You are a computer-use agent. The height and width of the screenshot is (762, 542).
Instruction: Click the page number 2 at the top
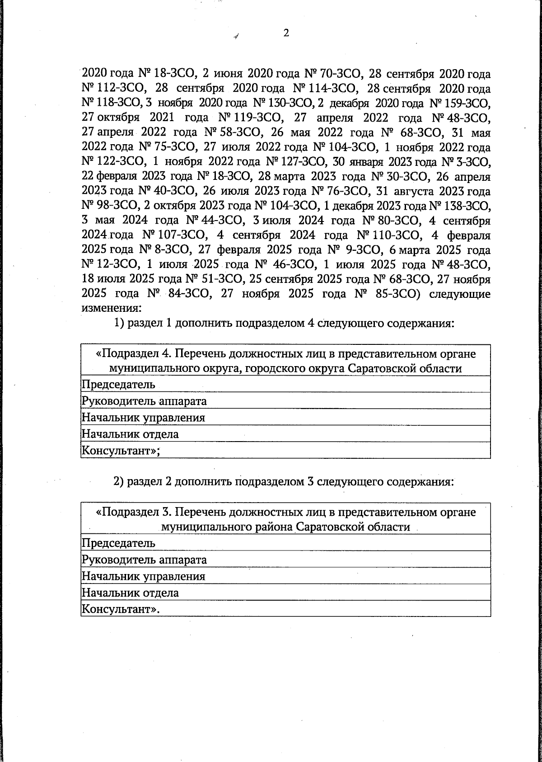285,33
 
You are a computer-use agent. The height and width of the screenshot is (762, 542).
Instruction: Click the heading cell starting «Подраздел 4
285,360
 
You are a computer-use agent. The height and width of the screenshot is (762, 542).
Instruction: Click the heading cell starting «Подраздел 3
285,519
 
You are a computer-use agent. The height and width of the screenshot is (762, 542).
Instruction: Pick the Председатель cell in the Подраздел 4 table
118,385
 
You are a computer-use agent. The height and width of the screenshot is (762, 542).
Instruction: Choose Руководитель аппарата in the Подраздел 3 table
144,560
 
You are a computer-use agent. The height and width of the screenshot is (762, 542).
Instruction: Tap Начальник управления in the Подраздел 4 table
143,418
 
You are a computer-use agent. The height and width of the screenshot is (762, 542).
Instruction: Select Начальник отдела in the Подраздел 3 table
130,593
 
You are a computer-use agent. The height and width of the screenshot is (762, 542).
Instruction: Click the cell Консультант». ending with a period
121,609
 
